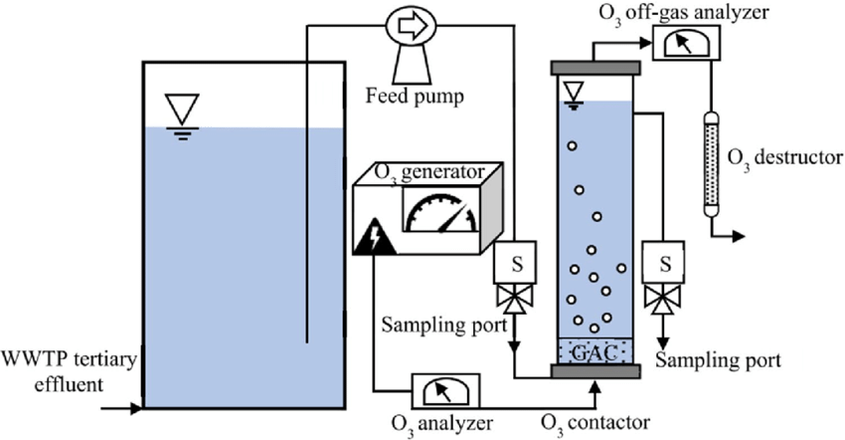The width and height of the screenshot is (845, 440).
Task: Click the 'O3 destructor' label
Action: (785, 157)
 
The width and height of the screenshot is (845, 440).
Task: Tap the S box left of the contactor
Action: (515, 265)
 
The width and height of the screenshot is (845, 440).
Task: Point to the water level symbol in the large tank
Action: (182, 111)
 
